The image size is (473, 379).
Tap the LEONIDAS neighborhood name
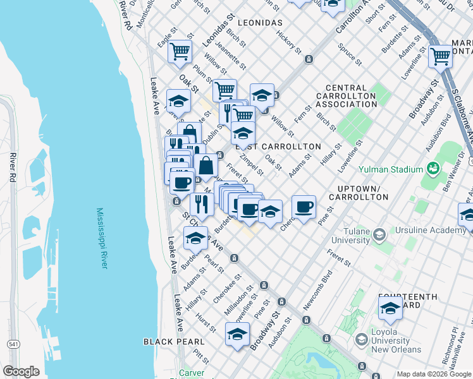[261, 22]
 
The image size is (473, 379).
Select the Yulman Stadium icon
[433, 169]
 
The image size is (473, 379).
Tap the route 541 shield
[13, 344]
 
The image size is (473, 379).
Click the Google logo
[21, 371]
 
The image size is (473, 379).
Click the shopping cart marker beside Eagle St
[180, 51]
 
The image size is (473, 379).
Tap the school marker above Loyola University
[390, 308]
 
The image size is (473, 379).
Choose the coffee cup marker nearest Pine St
[304, 207]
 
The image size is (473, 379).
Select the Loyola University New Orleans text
[388, 340]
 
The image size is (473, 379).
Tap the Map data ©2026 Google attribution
[433, 373]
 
